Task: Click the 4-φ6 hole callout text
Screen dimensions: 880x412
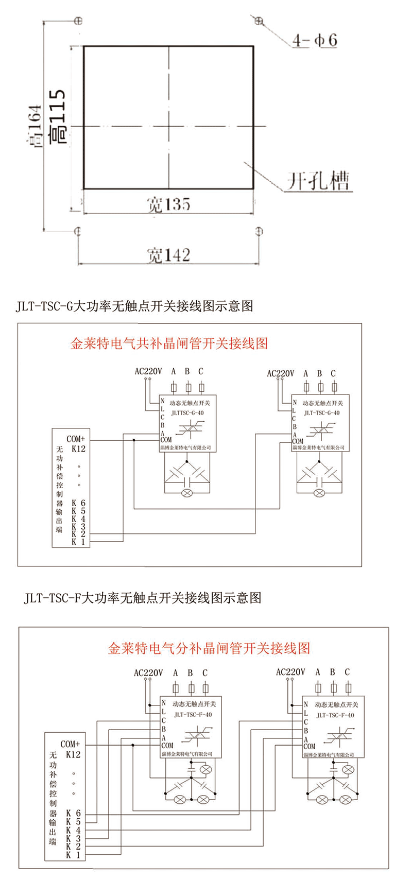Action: point(315,40)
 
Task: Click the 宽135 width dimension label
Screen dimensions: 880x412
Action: point(168,204)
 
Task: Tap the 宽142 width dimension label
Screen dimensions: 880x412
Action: point(168,255)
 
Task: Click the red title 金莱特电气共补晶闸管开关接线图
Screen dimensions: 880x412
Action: point(169,343)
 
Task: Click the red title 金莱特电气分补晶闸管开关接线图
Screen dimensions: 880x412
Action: point(209,648)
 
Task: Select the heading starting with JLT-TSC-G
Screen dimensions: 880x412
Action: point(134,306)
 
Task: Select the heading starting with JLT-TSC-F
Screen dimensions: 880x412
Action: point(142,598)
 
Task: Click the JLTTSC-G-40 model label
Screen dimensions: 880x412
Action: point(187,412)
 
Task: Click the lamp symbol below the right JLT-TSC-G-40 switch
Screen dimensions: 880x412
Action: point(320,493)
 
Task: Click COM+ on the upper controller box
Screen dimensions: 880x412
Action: point(76,439)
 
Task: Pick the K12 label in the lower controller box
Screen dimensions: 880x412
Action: point(73,754)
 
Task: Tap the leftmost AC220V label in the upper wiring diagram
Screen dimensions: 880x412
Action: point(148,371)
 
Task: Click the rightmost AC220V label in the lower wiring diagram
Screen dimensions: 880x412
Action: point(290,672)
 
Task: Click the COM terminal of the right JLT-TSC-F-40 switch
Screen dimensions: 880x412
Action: point(309,746)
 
